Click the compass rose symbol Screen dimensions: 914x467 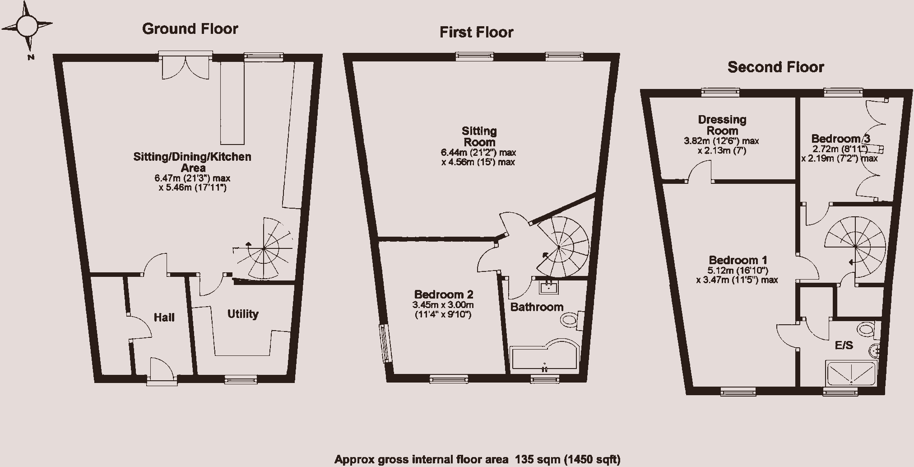[27, 26]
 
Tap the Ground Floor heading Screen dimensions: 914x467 [190, 29]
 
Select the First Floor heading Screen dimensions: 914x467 [476, 33]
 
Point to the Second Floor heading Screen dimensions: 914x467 [776, 67]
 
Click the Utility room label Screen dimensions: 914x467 [243, 314]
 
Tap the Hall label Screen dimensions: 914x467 [164, 318]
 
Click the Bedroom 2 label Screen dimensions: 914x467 [444, 294]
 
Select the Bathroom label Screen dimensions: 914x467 [537, 307]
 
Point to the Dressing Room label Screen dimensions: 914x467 [722, 125]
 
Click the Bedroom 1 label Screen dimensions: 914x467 [738, 260]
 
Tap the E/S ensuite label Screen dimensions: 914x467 [844, 346]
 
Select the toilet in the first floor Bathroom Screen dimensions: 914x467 [572, 320]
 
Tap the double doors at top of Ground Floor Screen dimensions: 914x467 [186, 65]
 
